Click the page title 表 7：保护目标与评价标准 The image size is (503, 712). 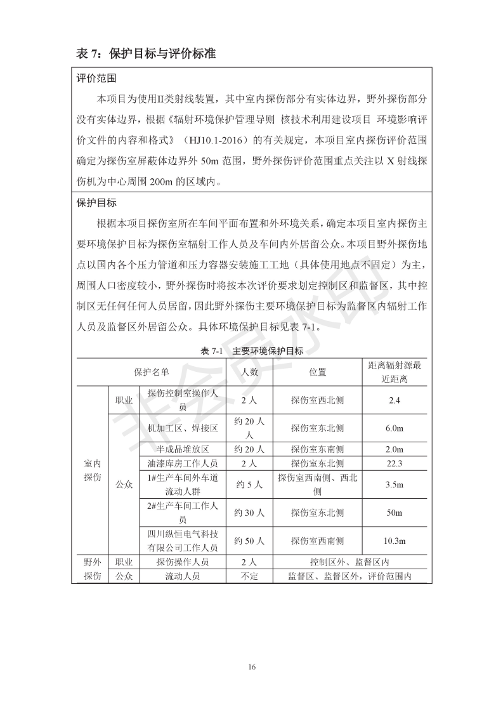pos(147,54)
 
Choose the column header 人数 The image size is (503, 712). pos(249,371)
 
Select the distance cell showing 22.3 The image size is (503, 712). pos(395,463)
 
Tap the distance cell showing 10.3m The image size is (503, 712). pos(395,541)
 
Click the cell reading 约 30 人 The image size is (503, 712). pos(249,512)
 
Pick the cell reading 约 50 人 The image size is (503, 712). pos(249,541)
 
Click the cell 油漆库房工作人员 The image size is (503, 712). pos(182,463)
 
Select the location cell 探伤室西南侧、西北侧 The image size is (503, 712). pos(317,484)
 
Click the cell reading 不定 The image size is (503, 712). pos(249,576)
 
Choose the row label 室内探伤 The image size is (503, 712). pos(93,470)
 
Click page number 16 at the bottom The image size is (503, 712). pos(252,666)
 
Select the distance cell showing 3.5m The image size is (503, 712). pos(395,484)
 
